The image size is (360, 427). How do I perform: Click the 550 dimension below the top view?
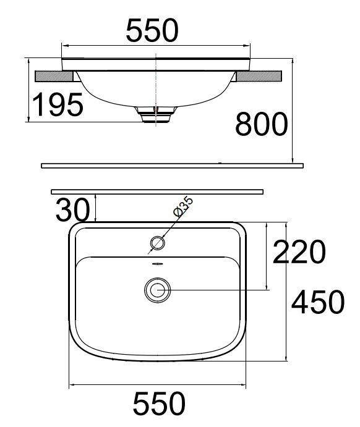159,405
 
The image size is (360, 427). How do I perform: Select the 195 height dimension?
58,105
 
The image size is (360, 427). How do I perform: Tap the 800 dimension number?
261,125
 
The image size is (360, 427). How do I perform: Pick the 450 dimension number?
317,302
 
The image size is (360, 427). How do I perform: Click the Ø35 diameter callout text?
184,206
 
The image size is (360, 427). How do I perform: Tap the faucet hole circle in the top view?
158,243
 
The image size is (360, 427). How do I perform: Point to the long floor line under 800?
173,166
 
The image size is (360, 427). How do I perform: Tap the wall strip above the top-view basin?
157,192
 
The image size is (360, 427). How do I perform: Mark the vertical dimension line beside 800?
292,111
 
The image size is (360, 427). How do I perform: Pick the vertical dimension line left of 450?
288,290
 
